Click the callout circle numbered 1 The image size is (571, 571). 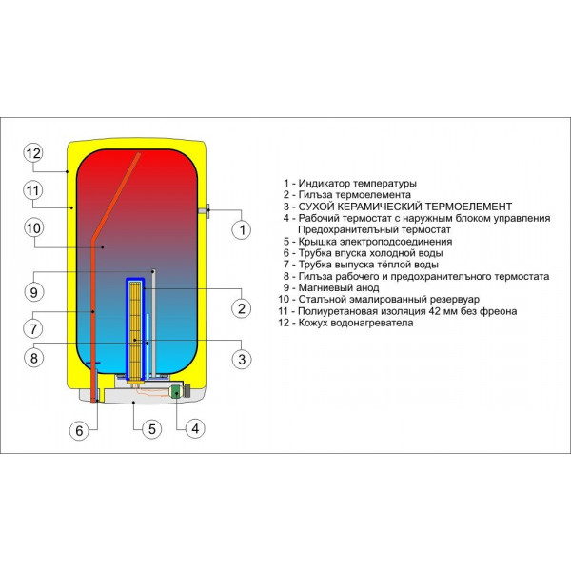[242, 229]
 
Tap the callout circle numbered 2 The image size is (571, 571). [242, 308]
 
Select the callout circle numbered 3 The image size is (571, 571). [242, 359]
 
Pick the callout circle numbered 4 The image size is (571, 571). [193, 428]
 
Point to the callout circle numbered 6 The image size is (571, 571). [79, 430]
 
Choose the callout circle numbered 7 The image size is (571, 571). [33, 328]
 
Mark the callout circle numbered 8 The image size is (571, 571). [33, 359]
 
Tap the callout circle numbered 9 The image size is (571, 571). [33, 291]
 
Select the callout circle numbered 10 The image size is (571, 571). [33, 228]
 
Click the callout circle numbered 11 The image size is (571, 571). [33, 190]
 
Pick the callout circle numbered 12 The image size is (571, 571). [33, 153]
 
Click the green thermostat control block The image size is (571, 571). [176, 391]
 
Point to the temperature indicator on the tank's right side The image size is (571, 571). [204, 211]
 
